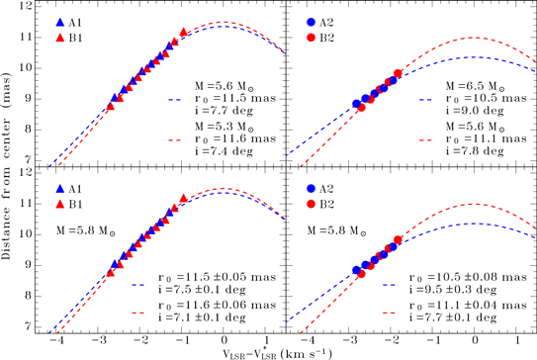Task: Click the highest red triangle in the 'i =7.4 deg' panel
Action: [x=184, y=33]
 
